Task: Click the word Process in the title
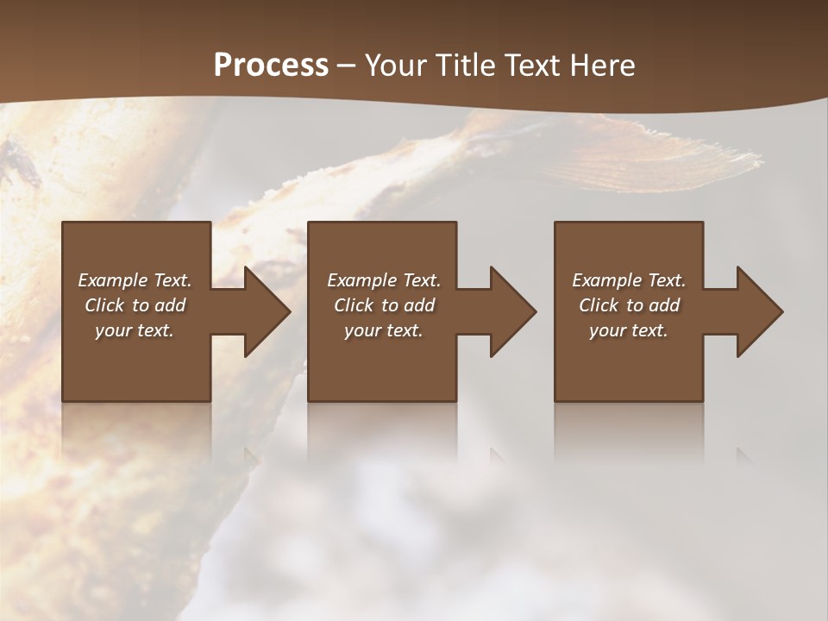[x=271, y=66]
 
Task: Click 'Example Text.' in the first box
[x=135, y=280]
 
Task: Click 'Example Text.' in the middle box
[x=384, y=280]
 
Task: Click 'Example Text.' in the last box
[x=629, y=280]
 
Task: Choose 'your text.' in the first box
[x=135, y=330]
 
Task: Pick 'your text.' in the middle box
[x=384, y=330]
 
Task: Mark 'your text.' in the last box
[x=629, y=330]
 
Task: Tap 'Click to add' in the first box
[x=135, y=305]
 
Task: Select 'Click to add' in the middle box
[x=384, y=305]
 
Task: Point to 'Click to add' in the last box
[x=629, y=305]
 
